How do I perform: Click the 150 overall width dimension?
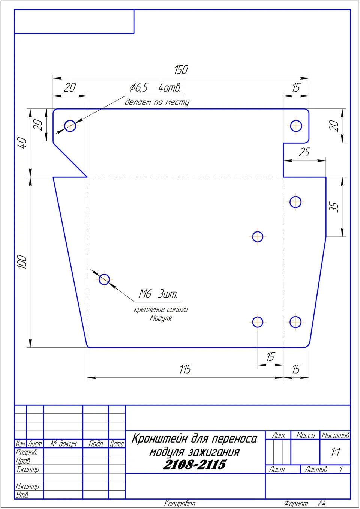181,70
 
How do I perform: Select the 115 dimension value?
186,369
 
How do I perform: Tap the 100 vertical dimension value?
23,262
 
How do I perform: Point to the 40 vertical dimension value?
23,143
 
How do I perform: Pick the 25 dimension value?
304,152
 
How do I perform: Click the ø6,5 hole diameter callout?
139,87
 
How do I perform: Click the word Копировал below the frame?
180,504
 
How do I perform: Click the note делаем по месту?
157,102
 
